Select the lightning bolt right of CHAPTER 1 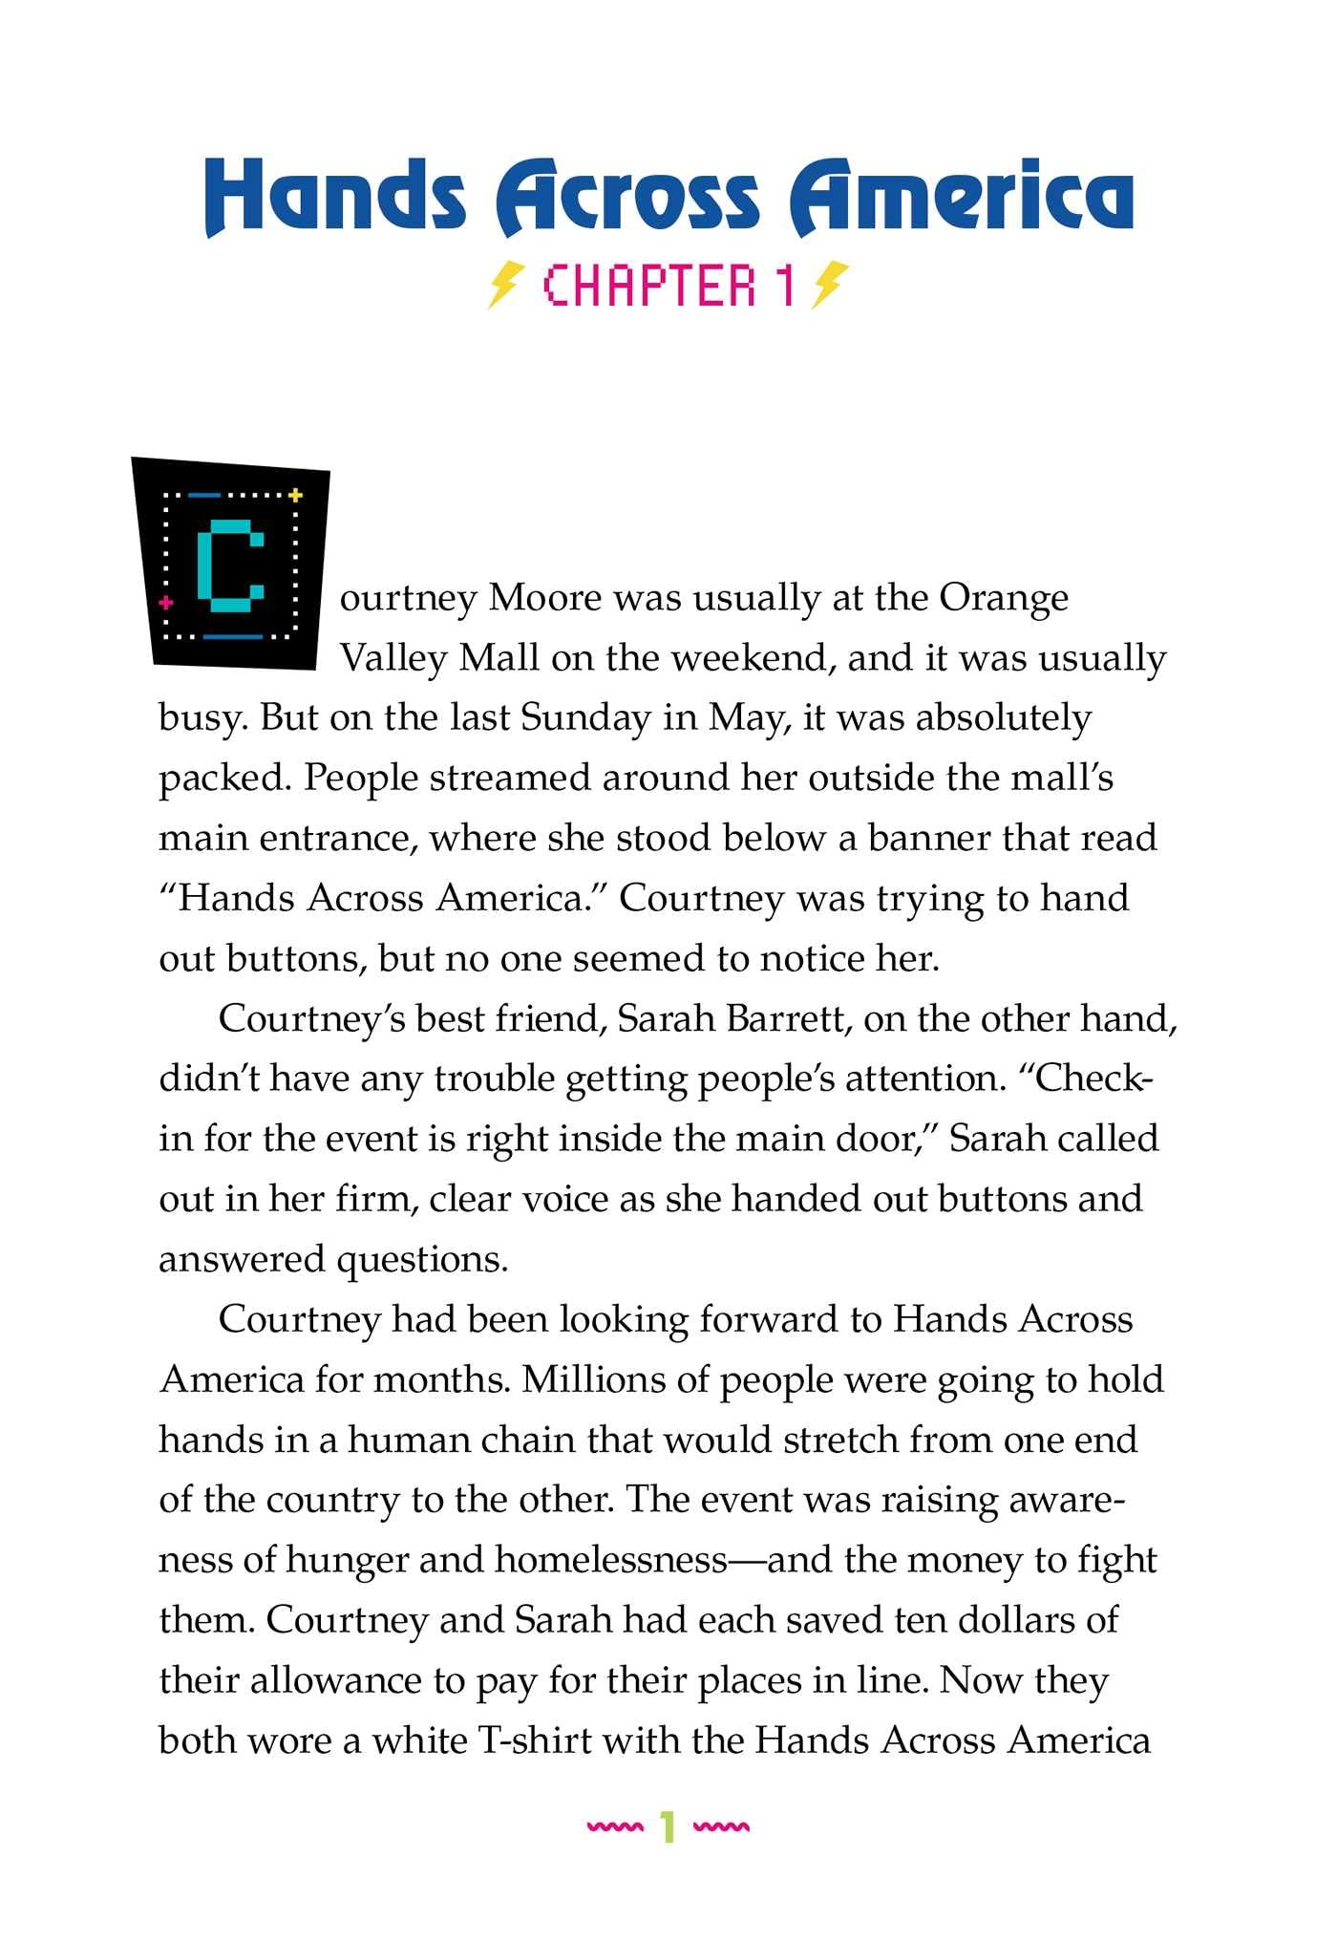pyautogui.click(x=828, y=285)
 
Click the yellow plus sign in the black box pyautogui.click(x=295, y=495)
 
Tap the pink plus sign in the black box pyautogui.click(x=166, y=603)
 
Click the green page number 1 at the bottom pyautogui.click(x=668, y=1827)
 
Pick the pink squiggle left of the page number pyautogui.click(x=615, y=1827)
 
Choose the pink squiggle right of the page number pyautogui.click(x=721, y=1827)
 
